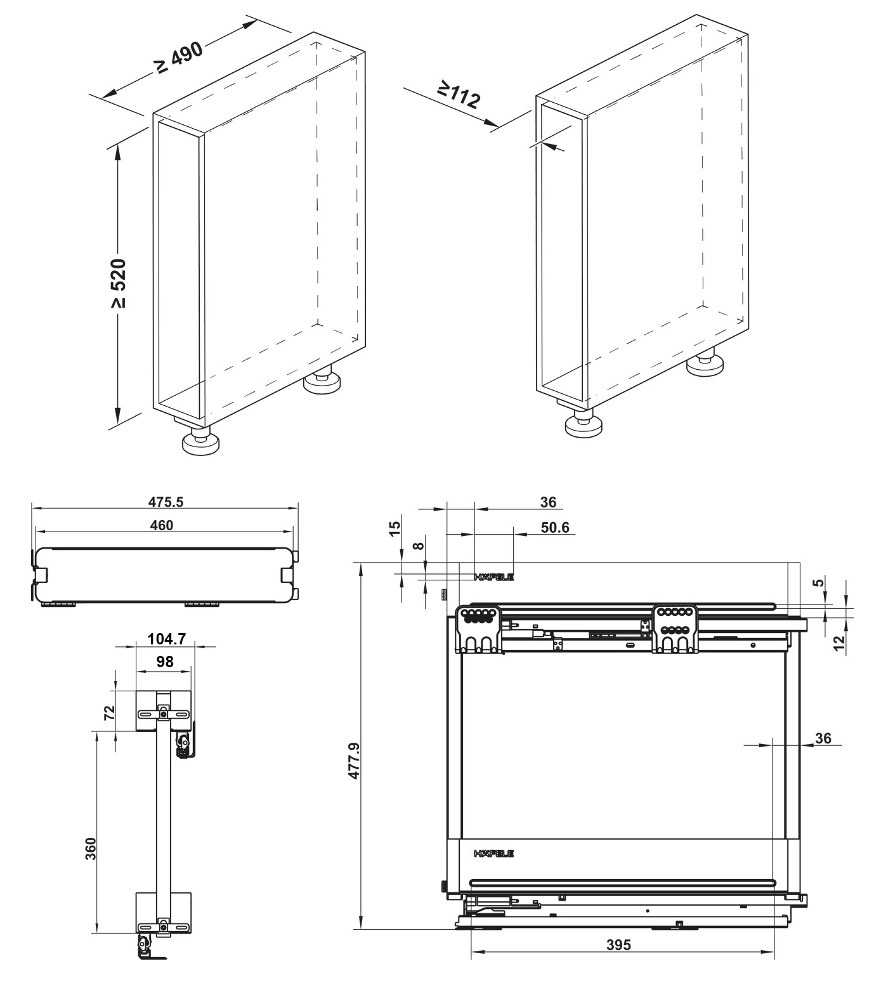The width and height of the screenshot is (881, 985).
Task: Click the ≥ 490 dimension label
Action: tap(180, 58)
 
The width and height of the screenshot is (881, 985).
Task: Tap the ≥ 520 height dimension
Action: tap(119, 283)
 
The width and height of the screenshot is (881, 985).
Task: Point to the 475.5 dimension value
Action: tap(166, 502)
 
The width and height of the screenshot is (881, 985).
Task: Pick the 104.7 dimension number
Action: tap(166, 639)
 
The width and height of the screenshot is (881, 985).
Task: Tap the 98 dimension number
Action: tap(164, 662)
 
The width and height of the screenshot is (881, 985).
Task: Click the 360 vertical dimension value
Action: tap(90, 848)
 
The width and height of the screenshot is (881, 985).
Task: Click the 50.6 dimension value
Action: tap(555, 528)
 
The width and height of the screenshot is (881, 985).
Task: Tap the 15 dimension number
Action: tap(395, 528)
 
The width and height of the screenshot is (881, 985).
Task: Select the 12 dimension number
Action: tap(839, 642)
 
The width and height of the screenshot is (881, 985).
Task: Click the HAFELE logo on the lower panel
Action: tap(494, 854)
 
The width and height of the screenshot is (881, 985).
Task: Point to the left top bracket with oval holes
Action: tap(480, 628)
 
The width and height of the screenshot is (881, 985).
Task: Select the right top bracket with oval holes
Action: tap(676, 628)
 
